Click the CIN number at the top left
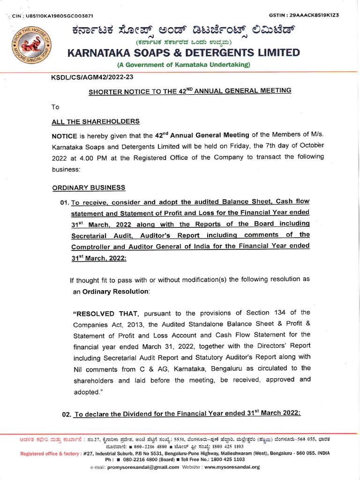(56, 15)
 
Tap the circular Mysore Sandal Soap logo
(30, 48)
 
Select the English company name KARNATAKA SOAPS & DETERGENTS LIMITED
(184, 52)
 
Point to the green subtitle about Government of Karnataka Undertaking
(184, 64)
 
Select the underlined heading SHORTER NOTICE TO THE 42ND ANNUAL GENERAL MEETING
(190, 90)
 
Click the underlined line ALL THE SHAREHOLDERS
(96, 121)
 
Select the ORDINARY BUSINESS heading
(89, 188)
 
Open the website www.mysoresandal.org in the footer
(232, 467)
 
